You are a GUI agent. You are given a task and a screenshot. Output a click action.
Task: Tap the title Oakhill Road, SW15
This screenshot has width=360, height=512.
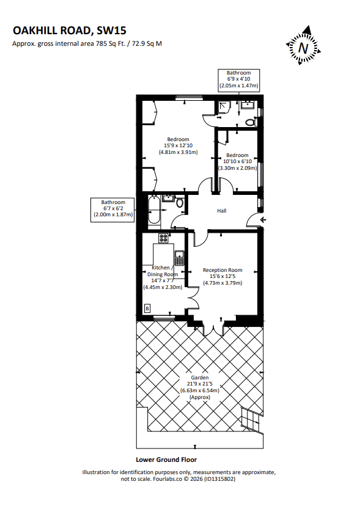coord(69,31)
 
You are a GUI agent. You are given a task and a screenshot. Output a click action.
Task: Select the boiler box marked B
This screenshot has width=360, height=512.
coord(147,309)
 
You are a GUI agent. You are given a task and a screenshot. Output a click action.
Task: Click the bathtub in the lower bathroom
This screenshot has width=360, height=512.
coord(154,212)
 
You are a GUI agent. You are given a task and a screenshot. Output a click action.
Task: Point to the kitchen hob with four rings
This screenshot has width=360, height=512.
coord(163,238)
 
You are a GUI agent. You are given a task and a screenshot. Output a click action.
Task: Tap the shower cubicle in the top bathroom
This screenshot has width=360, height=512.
coord(224,107)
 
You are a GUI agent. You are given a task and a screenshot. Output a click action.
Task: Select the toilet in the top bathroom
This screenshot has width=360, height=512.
coord(251,122)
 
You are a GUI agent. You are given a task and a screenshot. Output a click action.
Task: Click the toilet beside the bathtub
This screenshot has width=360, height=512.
coord(180,202)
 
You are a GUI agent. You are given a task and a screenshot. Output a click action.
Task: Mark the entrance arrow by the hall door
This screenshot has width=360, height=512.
coord(263,220)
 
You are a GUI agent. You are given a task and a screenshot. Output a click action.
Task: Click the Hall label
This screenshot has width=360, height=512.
coord(221,211)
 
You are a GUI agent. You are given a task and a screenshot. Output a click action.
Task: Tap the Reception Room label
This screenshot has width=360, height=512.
coord(222,270)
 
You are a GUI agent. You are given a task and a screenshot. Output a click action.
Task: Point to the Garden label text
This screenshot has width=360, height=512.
coord(200,378)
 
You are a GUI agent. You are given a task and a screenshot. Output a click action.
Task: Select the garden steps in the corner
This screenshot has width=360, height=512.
coord(252,420)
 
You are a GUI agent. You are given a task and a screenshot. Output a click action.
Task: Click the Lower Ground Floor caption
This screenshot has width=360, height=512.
coord(166,459)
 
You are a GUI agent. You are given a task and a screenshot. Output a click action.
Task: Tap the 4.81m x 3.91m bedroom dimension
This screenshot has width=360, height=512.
coord(178,152)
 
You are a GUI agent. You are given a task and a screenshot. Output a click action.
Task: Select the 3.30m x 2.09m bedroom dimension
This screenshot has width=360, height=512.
coord(238,168)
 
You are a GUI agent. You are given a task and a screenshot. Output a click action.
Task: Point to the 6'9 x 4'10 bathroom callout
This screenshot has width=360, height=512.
coord(239,79)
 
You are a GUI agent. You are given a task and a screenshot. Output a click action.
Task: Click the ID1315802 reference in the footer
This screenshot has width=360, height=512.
coord(219,479)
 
